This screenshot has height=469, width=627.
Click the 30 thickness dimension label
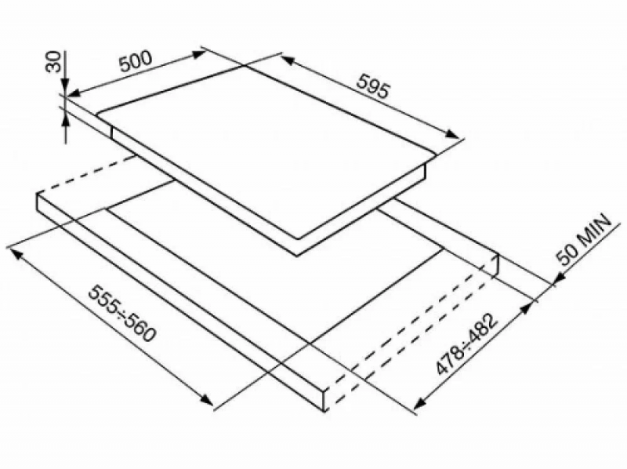[53, 61]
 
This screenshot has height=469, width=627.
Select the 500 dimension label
[136, 61]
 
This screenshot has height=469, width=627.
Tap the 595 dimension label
[372, 85]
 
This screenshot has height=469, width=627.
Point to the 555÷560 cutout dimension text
[121, 314]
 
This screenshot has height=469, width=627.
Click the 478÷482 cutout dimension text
[467, 344]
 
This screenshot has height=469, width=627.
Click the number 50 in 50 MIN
[567, 256]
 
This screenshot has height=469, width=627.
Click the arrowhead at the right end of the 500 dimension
[199, 54]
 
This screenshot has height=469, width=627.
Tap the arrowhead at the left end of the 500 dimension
[73, 93]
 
